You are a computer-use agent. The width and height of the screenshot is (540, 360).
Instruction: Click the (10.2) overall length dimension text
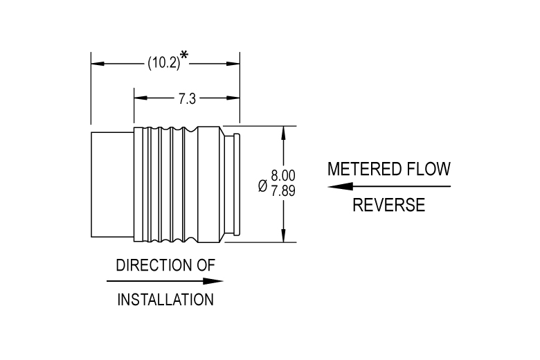pos(163,64)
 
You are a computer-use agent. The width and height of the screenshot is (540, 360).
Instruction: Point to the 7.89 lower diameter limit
pos(283,190)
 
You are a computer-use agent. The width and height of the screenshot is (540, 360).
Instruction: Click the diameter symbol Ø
pos(262,186)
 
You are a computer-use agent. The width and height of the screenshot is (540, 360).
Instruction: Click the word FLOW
pos(431,169)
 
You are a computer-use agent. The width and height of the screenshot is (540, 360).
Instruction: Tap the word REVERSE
pos(388,206)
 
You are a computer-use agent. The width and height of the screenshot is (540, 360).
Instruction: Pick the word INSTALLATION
pos(165,300)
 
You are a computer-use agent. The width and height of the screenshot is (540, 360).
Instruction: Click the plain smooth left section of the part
pos(111,184)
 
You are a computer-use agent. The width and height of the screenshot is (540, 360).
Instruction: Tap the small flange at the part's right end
pos(235,184)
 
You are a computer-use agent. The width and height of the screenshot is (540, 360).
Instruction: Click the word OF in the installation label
pos(206,265)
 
